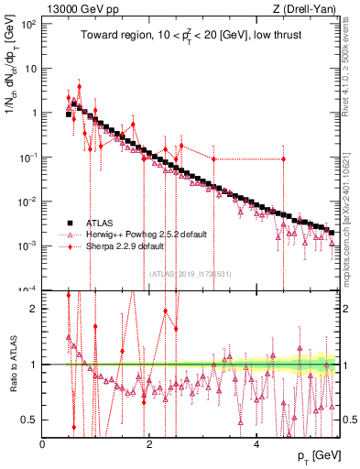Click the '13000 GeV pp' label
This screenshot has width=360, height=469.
pos(80,8)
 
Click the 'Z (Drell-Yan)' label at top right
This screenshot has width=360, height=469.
pos(307,8)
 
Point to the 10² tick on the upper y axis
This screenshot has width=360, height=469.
pos(28,24)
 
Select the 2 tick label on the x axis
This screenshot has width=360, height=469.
pos(149,444)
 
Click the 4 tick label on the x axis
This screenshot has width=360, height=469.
pos(256,444)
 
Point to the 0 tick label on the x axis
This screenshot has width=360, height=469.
pos(43,444)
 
